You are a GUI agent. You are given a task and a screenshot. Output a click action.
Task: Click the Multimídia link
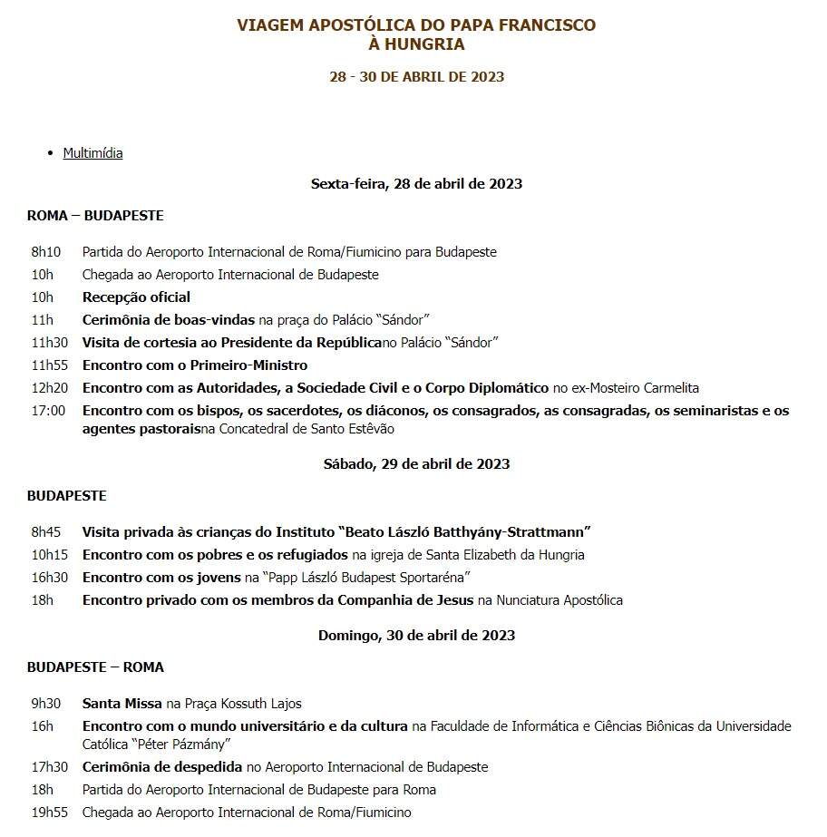coord(92,153)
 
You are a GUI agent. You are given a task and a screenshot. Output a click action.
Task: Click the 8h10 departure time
coord(46,252)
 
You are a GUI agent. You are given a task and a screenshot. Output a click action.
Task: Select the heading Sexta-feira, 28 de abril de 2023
coord(416,184)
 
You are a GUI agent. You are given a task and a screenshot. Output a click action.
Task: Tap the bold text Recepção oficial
coord(136,297)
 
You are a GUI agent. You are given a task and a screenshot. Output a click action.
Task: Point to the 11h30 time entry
coord(50,343)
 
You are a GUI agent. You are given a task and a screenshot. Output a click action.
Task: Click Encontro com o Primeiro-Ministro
coord(195,365)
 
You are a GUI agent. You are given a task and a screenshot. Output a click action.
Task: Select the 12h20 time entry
coord(50,388)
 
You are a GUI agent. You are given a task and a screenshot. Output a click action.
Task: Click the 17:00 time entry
coord(48,411)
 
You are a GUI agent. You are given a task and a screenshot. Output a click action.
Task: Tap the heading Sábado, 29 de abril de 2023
coord(416,464)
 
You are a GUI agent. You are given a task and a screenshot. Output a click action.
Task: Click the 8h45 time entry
coord(46,532)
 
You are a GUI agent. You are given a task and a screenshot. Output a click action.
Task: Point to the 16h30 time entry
coord(50,578)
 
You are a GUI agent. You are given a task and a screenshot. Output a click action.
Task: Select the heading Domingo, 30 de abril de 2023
coord(416,636)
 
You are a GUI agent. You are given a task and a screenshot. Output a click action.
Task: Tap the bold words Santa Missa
coord(122,704)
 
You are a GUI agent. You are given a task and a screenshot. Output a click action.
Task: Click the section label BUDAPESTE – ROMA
coord(95,667)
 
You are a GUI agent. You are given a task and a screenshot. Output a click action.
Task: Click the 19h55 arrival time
coord(50,813)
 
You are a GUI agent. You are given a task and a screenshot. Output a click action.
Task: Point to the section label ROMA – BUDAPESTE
coord(95,216)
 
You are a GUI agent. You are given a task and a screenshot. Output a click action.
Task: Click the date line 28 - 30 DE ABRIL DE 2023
coord(416,77)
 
